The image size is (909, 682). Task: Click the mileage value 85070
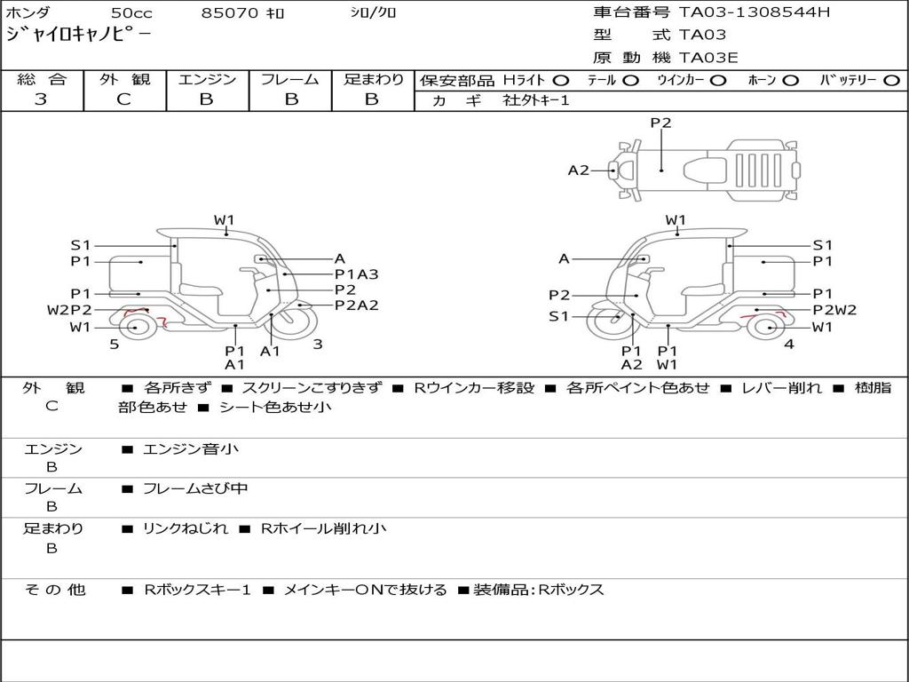click(229, 13)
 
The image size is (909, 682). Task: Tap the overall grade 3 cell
click(41, 99)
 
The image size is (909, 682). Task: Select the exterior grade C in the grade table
click(124, 99)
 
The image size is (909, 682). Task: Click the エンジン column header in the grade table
click(207, 80)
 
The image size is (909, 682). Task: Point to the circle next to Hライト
click(561, 81)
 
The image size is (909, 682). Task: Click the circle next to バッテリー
click(891, 81)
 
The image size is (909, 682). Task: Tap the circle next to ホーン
click(791, 81)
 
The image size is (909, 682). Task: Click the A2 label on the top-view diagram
click(579, 170)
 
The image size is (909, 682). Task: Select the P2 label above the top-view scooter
click(661, 123)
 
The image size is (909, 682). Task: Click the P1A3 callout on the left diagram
click(356, 274)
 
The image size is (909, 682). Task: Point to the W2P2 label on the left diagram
click(69, 310)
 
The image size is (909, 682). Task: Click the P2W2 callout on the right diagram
click(834, 310)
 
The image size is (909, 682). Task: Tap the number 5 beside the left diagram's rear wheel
click(114, 345)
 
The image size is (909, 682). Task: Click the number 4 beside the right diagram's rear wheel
click(788, 345)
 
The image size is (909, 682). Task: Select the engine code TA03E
click(707, 59)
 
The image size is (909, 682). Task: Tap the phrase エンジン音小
click(191, 449)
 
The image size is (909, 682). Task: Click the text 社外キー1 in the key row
click(536, 100)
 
